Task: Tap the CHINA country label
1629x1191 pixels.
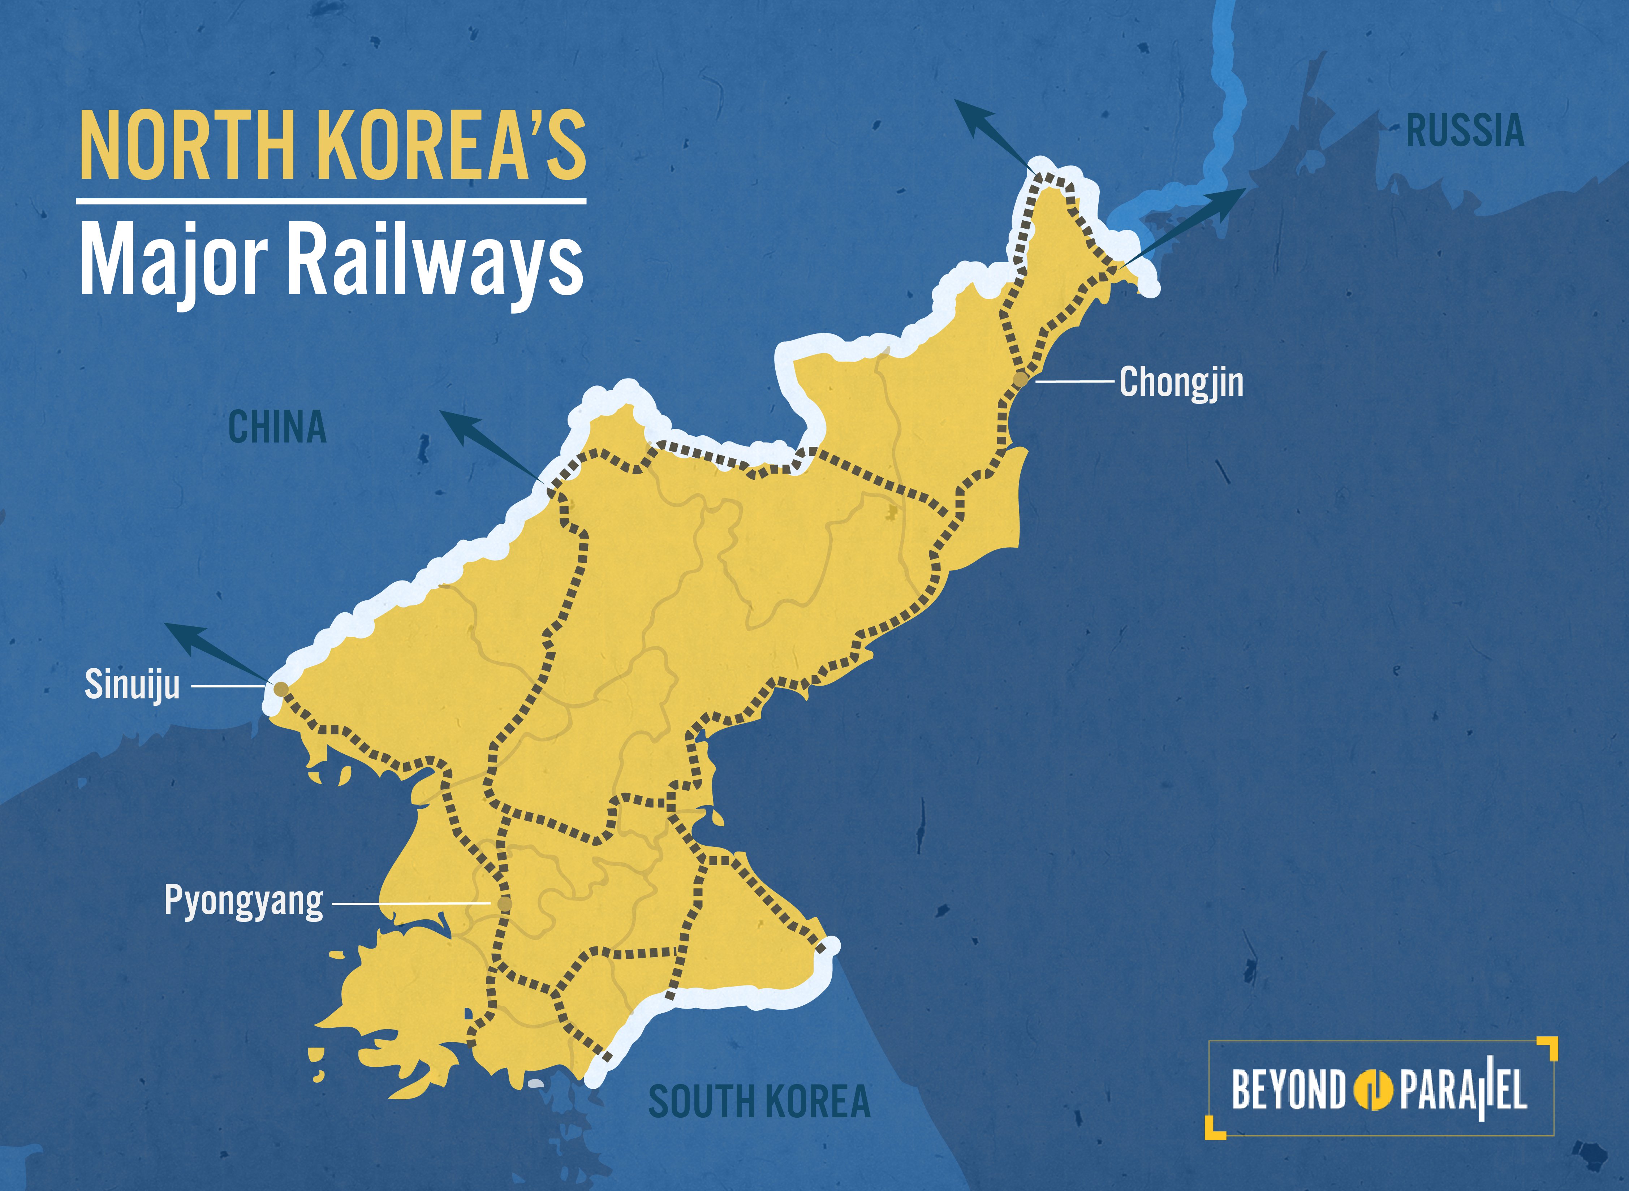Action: click(277, 427)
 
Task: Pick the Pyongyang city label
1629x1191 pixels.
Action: click(244, 901)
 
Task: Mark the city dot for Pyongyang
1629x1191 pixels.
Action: click(505, 903)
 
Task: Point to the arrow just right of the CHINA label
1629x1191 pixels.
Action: click(492, 445)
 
